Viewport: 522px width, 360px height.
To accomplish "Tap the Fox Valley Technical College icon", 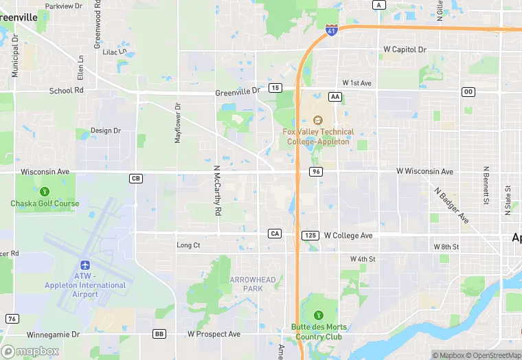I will point(318,120).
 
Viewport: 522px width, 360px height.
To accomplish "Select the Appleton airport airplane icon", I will point(85,265).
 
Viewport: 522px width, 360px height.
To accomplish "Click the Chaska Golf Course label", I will point(45,203).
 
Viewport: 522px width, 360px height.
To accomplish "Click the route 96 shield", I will point(315,172).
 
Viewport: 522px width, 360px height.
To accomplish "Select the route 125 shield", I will point(309,235).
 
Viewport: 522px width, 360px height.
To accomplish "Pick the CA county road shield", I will point(275,234).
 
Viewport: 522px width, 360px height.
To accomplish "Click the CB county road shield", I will point(135,179).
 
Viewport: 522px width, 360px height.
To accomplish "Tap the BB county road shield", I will point(159,334).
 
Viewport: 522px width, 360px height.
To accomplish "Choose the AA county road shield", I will point(335,97).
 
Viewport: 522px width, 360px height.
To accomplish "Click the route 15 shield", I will point(275,88).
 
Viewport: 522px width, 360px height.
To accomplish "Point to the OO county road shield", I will point(468,91).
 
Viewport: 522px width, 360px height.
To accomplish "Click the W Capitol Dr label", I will point(405,50).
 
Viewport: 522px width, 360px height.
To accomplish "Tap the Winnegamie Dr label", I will point(54,335).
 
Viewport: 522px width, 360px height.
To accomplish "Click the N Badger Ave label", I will point(451,205).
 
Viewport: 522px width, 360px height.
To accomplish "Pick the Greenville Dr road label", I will point(238,91).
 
